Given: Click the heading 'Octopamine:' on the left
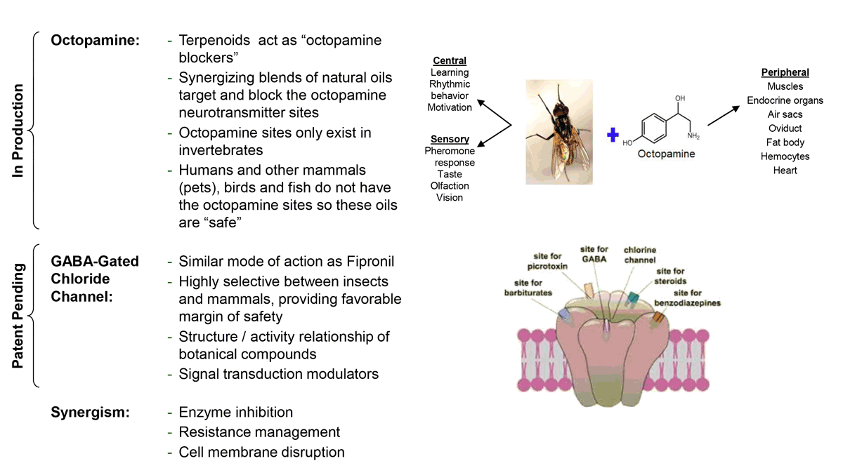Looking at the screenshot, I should [95, 41].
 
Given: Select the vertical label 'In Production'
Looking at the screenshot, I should [19, 131].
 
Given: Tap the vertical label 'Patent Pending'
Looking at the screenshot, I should [19, 316].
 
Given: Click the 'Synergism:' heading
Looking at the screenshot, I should [90, 412].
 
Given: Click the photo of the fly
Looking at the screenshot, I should [558, 131].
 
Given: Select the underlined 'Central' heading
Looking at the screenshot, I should [450, 61].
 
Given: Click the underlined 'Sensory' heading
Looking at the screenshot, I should [450, 139].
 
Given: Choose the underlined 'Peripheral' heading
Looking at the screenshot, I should [785, 72].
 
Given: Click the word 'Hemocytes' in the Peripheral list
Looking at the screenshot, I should [785, 156].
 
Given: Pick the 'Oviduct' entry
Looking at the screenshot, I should [785, 128].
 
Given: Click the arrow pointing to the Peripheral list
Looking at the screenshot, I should [724, 116].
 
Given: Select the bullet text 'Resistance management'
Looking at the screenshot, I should [259, 432].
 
